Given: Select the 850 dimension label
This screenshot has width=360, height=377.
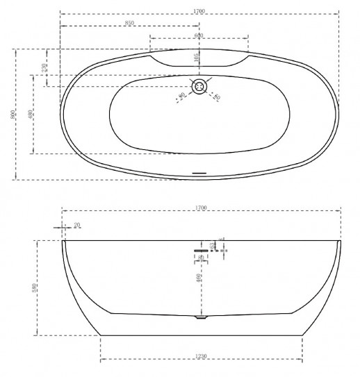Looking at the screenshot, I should [129, 23].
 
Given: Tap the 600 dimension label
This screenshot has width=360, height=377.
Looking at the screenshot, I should [199, 35].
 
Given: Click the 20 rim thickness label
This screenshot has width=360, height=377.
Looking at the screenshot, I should [76, 224].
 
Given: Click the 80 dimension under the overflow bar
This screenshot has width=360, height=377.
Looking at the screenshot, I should [201, 258].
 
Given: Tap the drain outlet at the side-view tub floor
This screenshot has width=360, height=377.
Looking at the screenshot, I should [201, 317].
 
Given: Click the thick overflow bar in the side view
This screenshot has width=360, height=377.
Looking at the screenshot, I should [201, 244].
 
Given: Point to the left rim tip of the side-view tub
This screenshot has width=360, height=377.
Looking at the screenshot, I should [64, 242].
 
